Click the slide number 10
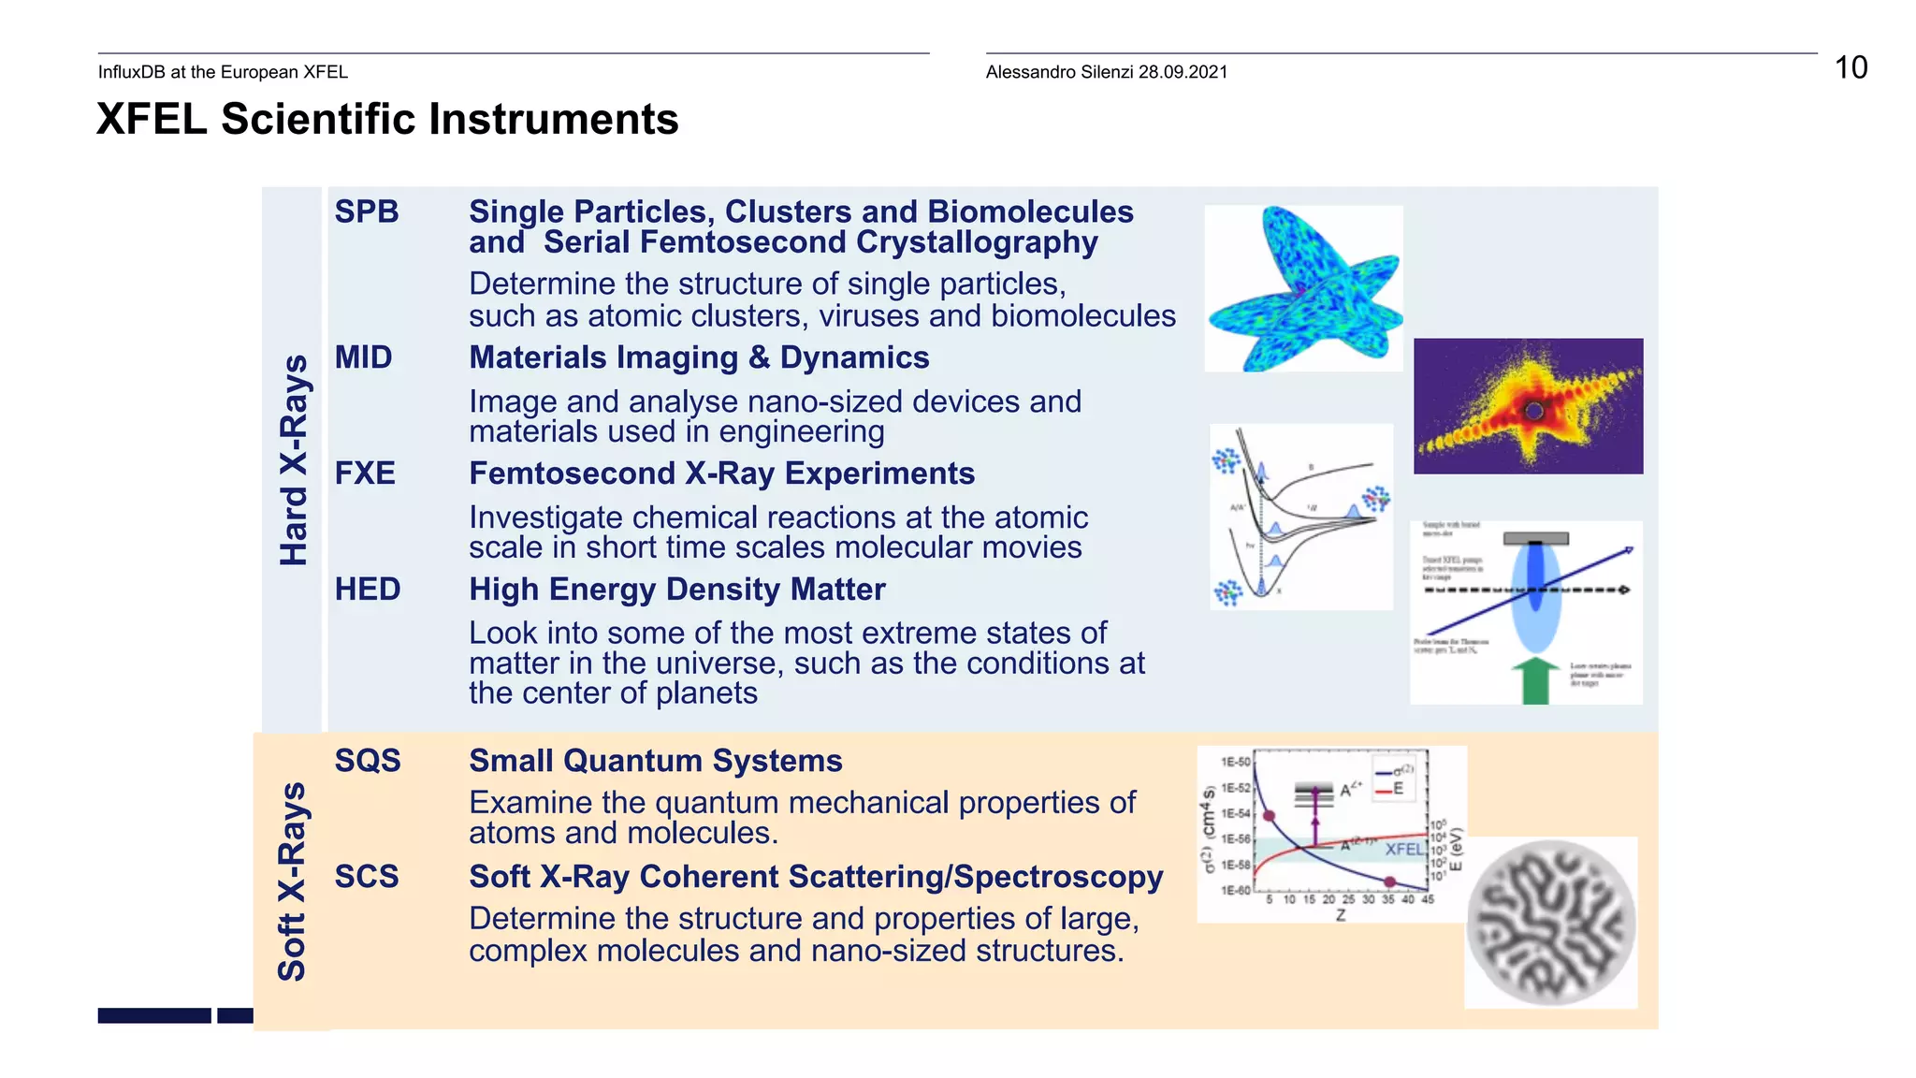1850,67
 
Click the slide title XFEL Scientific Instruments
387,120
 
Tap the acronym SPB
367,211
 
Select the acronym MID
363,357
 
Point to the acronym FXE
365,473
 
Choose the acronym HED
368,590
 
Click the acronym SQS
368,761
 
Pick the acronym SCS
367,877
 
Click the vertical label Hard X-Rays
294,460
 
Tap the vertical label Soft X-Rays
292,881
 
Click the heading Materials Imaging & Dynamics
699,357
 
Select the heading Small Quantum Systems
655,761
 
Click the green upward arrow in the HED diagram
1535,681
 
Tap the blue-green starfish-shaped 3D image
1303,288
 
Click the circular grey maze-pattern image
1550,922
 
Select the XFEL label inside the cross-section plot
1403,849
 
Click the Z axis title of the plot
1341,915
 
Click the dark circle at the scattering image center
1533,410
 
